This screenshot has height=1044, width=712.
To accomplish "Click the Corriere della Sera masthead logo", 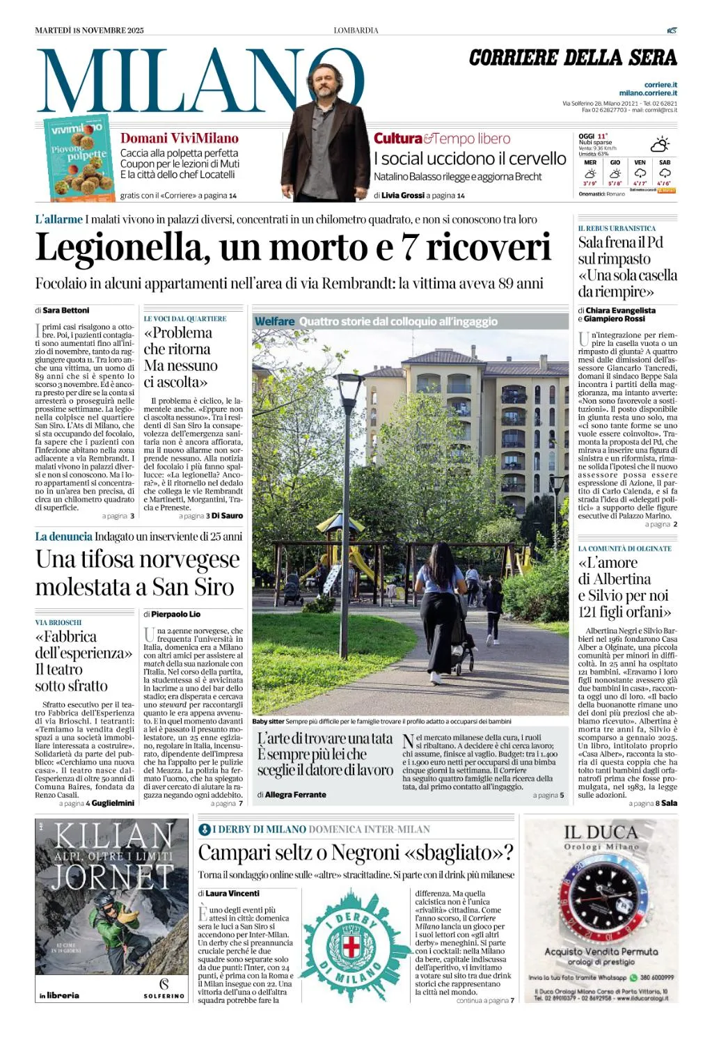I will [x=573, y=58].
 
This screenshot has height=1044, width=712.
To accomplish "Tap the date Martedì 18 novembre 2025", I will [x=89, y=30].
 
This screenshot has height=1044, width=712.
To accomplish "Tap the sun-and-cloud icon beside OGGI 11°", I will [x=659, y=144].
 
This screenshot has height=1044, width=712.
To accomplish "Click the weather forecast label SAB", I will [x=665, y=162].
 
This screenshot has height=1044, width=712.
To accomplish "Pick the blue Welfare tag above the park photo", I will [x=274, y=322].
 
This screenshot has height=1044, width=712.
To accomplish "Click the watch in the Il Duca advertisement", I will [x=601, y=898].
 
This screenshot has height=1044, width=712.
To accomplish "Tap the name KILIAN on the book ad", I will [x=113, y=835].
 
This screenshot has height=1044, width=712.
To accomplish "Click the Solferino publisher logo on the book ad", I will [x=164, y=988].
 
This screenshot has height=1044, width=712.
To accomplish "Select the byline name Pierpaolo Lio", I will [x=175, y=615].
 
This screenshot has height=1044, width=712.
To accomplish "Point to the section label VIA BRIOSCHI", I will [x=58, y=622].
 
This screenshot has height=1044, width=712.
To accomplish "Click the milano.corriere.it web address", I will [x=648, y=93].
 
